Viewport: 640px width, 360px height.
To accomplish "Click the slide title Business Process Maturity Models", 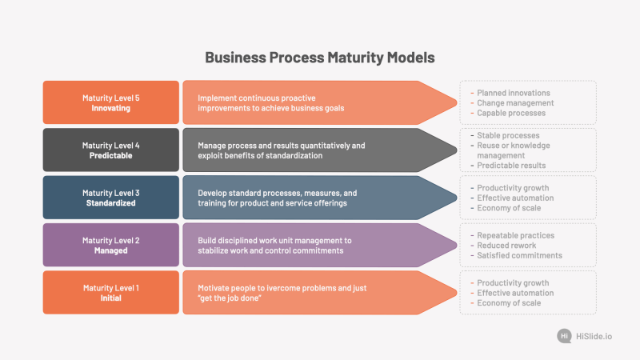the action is pos(319,58).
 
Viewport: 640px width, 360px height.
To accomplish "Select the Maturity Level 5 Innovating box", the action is pos(111,102).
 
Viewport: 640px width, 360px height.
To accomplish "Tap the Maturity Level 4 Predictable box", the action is pos(111,150).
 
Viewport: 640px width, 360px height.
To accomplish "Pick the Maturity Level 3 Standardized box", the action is pos(111,198).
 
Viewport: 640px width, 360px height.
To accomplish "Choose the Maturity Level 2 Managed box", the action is pos(111,245).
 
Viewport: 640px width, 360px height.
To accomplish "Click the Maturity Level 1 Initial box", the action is pos(111,293).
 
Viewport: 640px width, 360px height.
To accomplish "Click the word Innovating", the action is pos(111,108).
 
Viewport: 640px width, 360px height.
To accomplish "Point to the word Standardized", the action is pos(111,203).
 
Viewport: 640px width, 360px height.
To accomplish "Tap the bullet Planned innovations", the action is pos(514,93).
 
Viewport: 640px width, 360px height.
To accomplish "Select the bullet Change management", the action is pos(515,103).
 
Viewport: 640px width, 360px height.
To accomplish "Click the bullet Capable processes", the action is pos(511,113).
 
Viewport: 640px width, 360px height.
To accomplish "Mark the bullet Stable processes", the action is pos(508,135).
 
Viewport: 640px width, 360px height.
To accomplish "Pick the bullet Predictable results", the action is pos(511,166).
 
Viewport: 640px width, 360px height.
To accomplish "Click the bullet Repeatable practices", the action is pos(515,235).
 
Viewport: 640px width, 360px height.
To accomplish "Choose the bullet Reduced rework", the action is pos(506,246).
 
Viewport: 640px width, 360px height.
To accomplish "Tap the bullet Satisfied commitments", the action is pos(519,255).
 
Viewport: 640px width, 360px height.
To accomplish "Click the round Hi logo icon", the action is pos(564,336).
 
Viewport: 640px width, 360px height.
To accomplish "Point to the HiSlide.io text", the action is pos(594,336).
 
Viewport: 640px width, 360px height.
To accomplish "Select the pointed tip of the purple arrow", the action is pos(456,246).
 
